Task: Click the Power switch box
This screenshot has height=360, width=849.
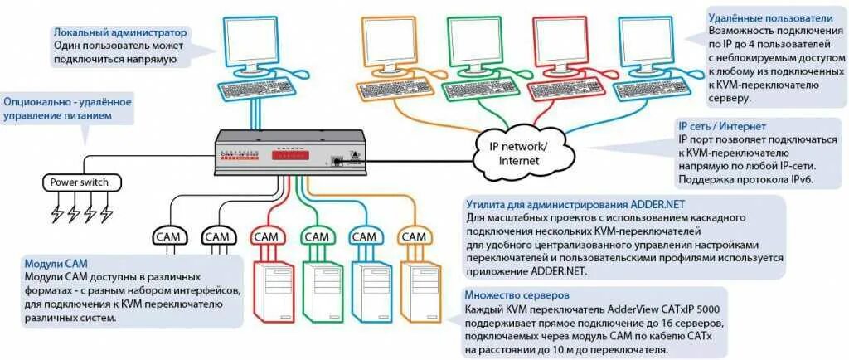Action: coord(80,182)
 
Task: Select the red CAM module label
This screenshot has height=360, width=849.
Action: coord(267,236)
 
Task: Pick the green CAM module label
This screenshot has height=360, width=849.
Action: coord(315,236)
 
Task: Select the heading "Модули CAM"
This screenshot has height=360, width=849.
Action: coord(56,261)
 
